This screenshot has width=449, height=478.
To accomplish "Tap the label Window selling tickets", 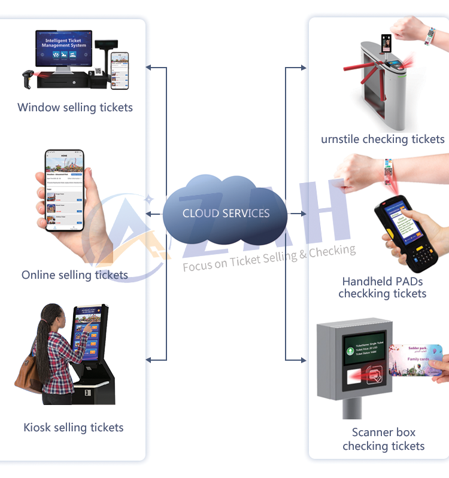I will pos(75,108).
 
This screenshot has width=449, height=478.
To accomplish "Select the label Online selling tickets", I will pos(75,275).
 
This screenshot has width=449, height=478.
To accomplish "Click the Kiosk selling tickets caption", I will pos(74,427).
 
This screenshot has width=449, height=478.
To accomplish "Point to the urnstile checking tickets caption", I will pos(383,139).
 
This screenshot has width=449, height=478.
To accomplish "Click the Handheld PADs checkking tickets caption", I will pos(383,287).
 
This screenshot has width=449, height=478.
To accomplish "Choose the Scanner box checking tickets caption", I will pos(383,439).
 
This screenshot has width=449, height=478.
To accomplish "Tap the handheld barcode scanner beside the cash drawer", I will pos(28,77).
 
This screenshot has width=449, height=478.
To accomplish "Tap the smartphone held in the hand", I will pos(65,190).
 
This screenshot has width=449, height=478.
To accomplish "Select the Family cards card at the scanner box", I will pos(415,360).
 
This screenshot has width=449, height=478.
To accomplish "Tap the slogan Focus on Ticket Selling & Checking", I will pos(269,258).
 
